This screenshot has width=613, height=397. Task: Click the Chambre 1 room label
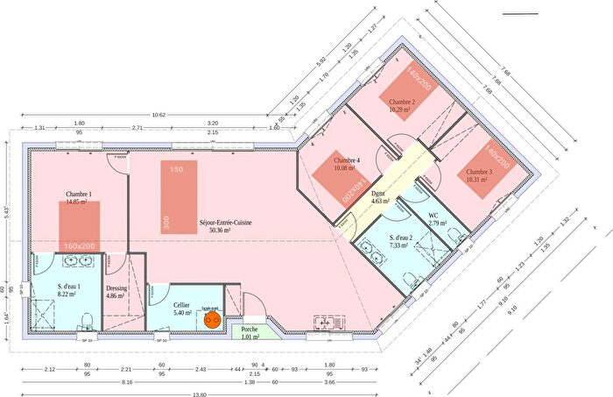(79, 194)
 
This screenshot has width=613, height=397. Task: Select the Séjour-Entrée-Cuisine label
(225, 223)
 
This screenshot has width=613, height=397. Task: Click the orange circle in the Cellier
(211, 320)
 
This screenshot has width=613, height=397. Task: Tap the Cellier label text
(182, 304)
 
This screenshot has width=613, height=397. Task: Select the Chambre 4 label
(348, 160)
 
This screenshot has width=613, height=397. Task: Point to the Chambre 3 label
(479, 172)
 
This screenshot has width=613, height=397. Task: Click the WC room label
(433, 216)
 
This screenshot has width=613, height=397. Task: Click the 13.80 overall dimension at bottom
(201, 393)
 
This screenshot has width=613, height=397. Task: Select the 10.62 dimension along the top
(159, 114)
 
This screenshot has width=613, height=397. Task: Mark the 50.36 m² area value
(225, 231)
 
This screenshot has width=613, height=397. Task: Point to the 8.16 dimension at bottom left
(127, 383)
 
